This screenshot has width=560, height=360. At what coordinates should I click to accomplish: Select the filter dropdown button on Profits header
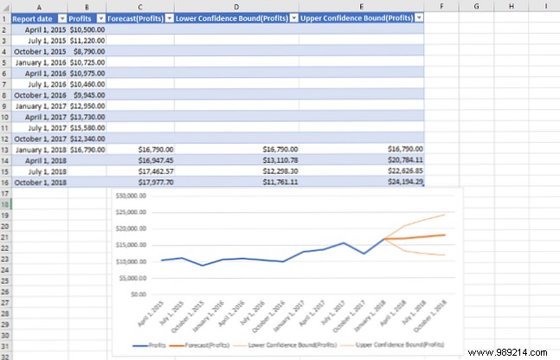(x=100, y=17)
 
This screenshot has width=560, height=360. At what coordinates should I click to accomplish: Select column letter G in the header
(x=476, y=5)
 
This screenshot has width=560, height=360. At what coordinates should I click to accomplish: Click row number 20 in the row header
(x=5, y=225)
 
